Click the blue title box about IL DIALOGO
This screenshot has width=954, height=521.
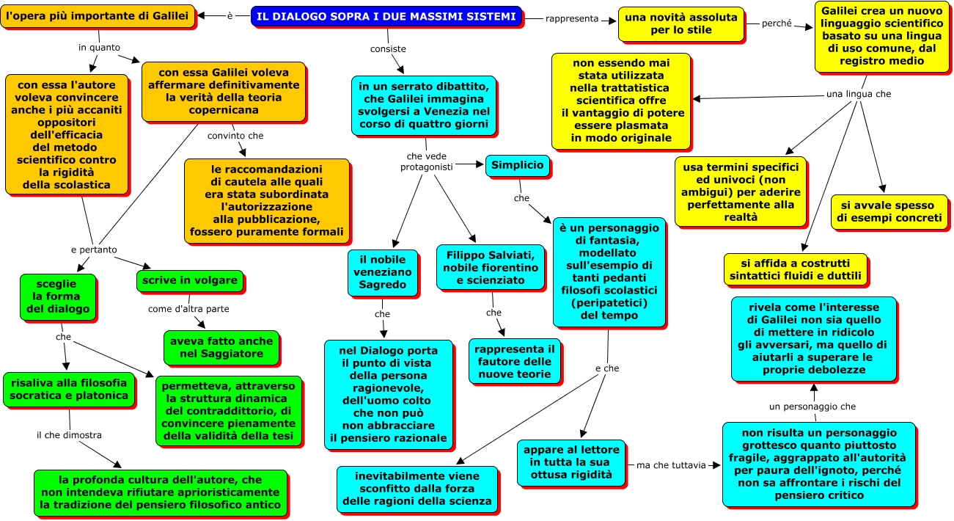(x=387, y=16)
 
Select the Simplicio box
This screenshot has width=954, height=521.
(x=518, y=165)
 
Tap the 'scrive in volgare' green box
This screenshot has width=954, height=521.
(x=189, y=280)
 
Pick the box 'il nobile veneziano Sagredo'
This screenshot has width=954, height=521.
(x=383, y=271)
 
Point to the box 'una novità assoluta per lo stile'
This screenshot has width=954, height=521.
(x=681, y=23)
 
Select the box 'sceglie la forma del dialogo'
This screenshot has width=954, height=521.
(x=59, y=296)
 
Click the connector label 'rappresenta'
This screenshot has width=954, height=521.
(x=572, y=18)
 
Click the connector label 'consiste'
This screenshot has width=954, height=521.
(x=388, y=49)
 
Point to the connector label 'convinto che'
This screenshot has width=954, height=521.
(x=235, y=136)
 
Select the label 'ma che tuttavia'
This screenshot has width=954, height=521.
(x=671, y=465)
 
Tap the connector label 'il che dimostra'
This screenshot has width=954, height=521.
(x=69, y=434)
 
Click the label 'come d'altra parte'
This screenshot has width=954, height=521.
(x=188, y=309)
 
